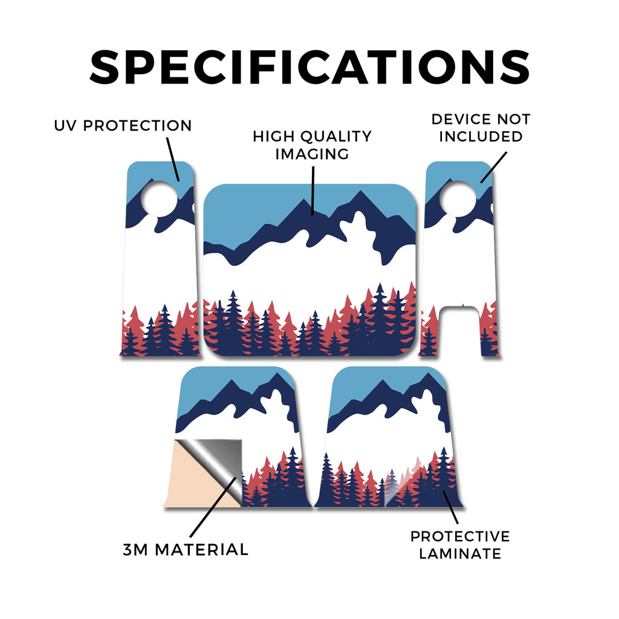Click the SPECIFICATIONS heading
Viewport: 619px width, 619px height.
(309, 67)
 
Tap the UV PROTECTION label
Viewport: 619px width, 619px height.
(123, 126)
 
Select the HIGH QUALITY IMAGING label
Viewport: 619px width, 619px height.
(312, 145)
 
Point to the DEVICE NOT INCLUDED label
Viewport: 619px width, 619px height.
(481, 128)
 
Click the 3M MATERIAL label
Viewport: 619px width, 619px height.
(186, 549)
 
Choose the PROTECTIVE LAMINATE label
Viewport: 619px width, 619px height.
(460, 545)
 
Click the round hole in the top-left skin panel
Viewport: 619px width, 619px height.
(160, 198)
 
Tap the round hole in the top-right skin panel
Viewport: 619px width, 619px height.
(458, 198)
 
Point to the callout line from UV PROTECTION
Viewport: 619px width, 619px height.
(173, 159)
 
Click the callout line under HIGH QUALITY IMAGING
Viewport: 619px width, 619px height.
(313, 190)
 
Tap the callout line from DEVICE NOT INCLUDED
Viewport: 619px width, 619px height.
(493, 167)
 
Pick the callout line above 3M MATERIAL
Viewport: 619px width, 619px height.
(213, 507)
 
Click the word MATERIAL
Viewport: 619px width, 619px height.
(202, 549)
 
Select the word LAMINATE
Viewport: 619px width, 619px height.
(460, 554)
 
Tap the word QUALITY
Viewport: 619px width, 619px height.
(336, 137)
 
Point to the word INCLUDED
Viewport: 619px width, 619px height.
(481, 137)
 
